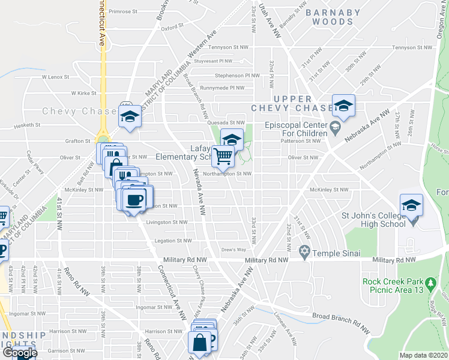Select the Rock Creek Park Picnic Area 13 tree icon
[430, 282]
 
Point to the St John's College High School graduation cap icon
[411, 205]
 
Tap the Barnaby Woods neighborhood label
[333, 17]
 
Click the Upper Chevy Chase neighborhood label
[293, 103]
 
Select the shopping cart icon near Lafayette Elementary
[223, 157]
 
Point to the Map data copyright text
[423, 355]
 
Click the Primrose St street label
[124, 11]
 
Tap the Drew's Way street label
[234, 250]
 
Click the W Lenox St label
[56, 77]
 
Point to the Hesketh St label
[28, 125]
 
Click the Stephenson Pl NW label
[237, 76]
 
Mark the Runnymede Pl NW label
[222, 88]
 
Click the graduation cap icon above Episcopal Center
[343, 106]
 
